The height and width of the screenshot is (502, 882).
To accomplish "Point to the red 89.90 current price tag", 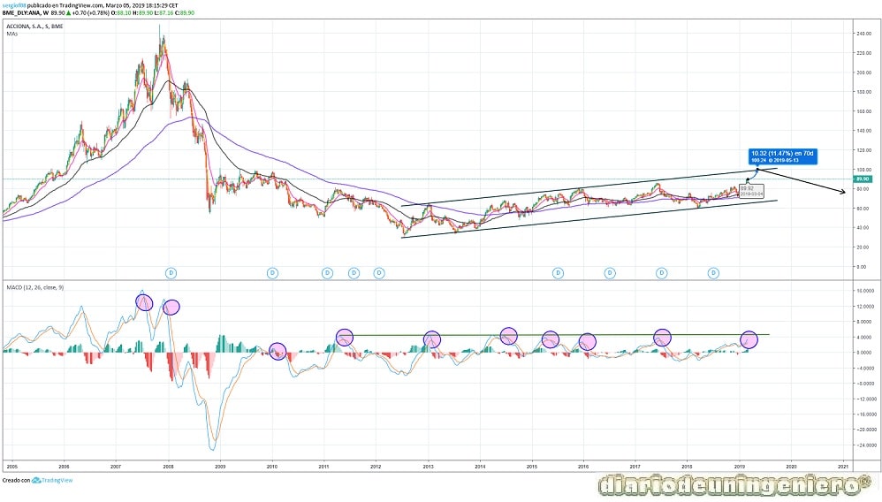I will coord(863,179).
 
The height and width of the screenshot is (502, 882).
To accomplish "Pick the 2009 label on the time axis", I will coord(220,464).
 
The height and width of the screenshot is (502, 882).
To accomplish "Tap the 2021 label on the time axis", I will coord(844,464).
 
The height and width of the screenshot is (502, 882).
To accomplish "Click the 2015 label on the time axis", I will coord(532,464).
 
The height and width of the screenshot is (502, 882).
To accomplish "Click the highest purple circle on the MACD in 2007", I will coord(144,301).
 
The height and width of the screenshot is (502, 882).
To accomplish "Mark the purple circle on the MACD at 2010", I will coord(278,352).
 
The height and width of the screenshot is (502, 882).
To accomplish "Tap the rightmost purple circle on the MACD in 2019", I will coord(749,338).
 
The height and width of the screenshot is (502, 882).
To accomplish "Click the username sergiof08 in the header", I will coord(17,4).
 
